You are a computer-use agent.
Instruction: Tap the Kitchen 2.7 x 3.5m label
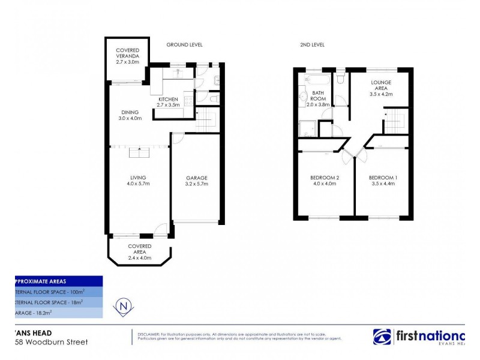coord(169,101)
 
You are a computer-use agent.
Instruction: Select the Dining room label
coord(130,115)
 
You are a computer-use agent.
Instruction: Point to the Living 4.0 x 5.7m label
coord(139,181)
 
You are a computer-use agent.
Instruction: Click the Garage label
coord(196,181)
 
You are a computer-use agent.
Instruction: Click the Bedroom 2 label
coord(325,181)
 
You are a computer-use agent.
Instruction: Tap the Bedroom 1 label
coord(382,181)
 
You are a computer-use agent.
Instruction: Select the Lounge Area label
coord(382,88)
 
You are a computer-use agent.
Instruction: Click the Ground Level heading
coord(184,45)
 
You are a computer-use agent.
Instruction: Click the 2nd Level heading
coord(312,45)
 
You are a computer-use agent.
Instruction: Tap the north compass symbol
coord(123,305)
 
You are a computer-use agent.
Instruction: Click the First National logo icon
coord(382,337)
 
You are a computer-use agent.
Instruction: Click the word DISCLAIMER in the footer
coord(148,334)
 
